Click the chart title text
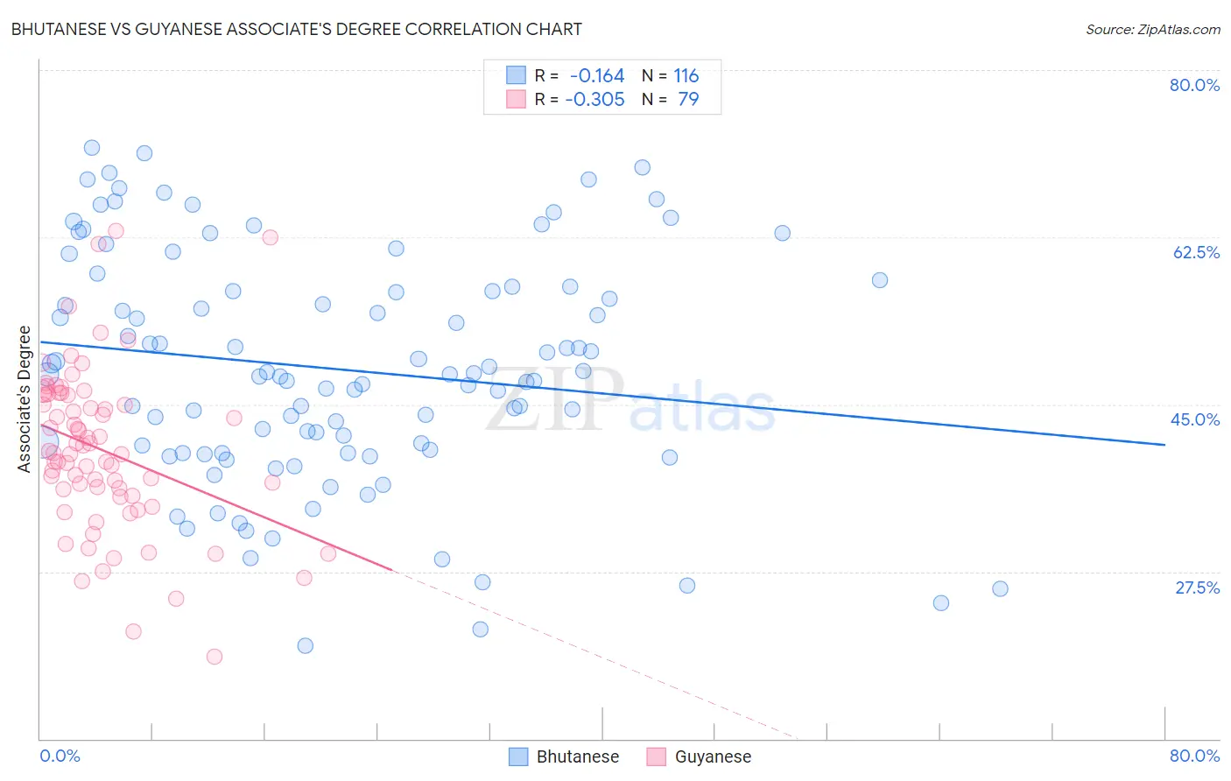pyautogui.click(x=297, y=29)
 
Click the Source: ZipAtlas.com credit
pyautogui.click(x=1152, y=29)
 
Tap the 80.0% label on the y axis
pyautogui.click(x=1194, y=85)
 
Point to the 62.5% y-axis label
pyautogui.click(x=1196, y=252)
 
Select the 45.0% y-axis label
pyautogui.click(x=1195, y=419)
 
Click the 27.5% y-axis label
pyautogui.click(x=1197, y=588)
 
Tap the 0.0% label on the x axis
pyautogui.click(x=60, y=756)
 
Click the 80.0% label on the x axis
pyautogui.click(x=1194, y=756)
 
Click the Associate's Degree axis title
pyautogui.click(x=25, y=399)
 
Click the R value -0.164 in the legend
pyautogui.click(x=596, y=75)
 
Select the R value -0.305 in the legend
pyautogui.click(x=594, y=99)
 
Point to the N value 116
pyautogui.click(x=686, y=75)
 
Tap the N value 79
pyautogui.click(x=688, y=99)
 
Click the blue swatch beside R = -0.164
pyautogui.click(x=517, y=75)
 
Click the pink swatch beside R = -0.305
pyautogui.click(x=517, y=99)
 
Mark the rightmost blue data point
pyautogui.click(x=1000, y=588)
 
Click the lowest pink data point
pyautogui.click(x=214, y=657)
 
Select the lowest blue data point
pyautogui.click(x=305, y=645)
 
